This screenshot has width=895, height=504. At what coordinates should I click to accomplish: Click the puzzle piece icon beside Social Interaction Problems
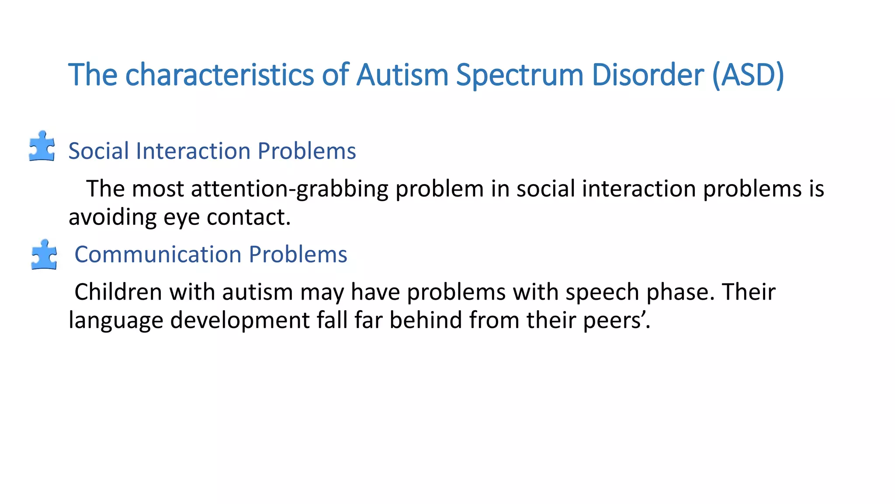[42, 147]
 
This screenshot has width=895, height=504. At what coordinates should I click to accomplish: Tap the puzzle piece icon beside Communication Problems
[44, 255]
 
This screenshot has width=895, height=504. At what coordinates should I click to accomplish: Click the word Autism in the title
[402, 75]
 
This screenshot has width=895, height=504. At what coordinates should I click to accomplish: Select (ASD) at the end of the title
[748, 75]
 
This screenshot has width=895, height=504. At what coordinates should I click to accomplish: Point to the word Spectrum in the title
[520, 75]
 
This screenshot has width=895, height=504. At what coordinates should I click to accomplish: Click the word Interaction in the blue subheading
[193, 151]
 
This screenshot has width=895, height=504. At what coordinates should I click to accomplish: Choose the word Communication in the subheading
[158, 255]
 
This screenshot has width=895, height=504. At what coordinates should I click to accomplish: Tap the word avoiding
[112, 217]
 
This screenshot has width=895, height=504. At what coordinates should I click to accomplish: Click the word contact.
[248, 217]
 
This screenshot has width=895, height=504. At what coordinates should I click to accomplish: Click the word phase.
[680, 292]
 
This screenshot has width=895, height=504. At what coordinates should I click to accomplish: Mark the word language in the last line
[116, 321]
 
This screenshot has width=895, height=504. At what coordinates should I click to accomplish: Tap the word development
[240, 321]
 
